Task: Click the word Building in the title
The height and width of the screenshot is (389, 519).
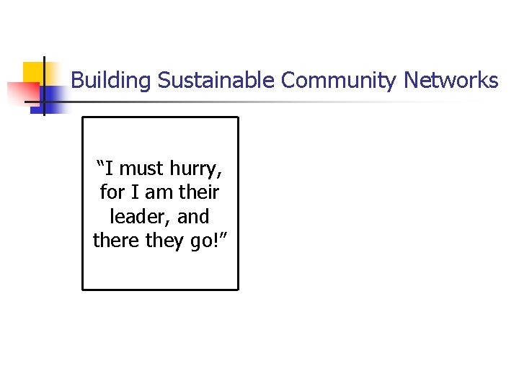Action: pos(111,80)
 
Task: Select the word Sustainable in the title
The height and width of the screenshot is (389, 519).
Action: pos(216,80)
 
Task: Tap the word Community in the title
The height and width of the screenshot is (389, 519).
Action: pos(338,80)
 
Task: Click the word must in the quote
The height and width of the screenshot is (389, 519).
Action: pos(142,169)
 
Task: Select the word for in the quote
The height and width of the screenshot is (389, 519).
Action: pos(112,192)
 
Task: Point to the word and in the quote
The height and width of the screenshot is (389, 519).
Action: pos(192,216)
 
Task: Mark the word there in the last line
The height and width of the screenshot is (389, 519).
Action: pos(116,240)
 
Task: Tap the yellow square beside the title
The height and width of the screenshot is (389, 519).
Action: pos(34,73)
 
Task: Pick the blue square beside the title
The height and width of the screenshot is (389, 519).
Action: pos(52,97)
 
